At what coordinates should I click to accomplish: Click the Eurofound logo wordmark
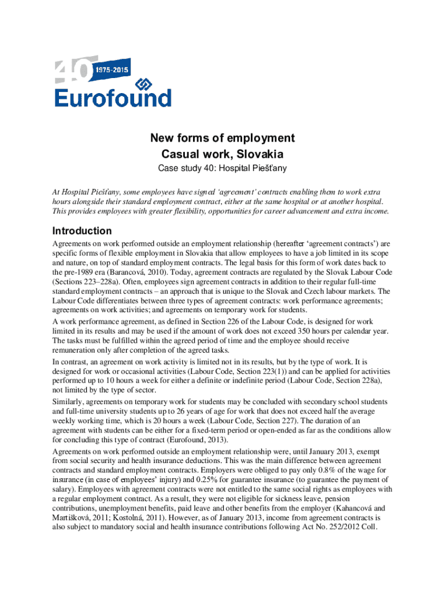tap(113, 97)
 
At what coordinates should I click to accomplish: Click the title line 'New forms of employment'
tap(222, 138)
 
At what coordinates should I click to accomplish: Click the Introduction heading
tap(82, 230)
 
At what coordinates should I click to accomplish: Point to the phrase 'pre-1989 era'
tap(77, 271)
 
